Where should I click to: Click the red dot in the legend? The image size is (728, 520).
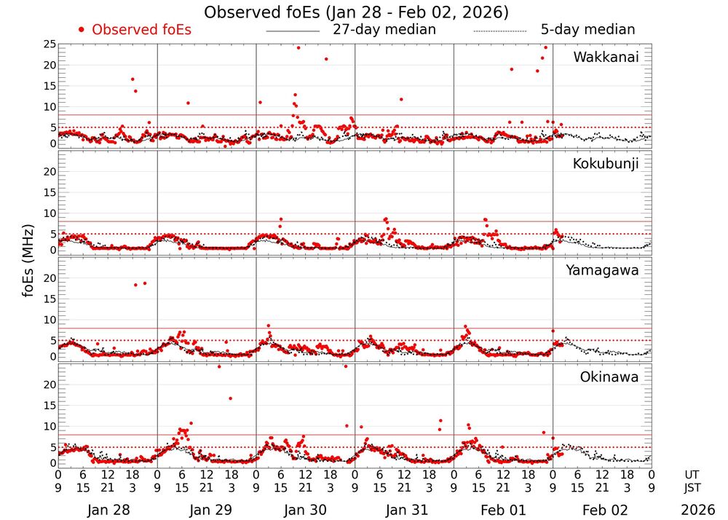point(82,30)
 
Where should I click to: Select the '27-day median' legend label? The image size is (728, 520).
point(384,30)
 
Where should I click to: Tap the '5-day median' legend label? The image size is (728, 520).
point(587,30)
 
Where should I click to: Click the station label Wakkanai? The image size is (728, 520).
point(606,58)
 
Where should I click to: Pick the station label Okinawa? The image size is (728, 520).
point(609,377)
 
